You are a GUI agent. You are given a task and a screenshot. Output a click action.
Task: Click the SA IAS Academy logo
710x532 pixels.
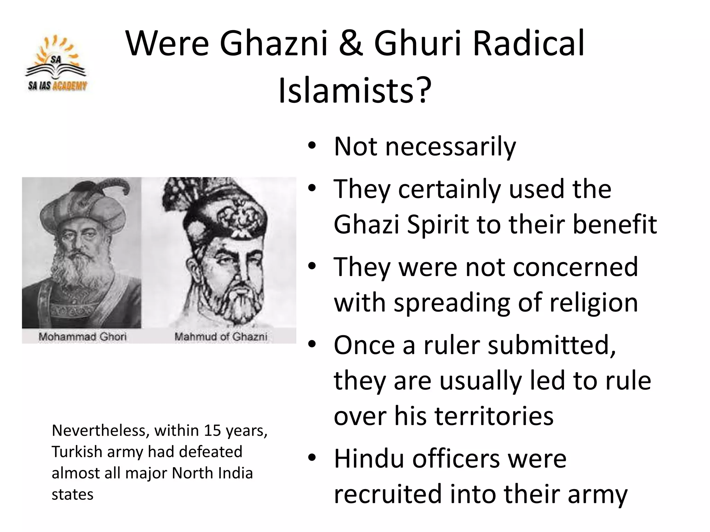click(x=57, y=64)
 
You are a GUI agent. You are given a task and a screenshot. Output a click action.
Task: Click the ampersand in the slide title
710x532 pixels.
click(x=350, y=44)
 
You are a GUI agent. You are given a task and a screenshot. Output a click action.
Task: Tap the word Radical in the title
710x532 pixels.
click(x=528, y=44)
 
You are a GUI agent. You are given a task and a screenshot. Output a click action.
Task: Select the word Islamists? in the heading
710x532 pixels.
click(x=355, y=90)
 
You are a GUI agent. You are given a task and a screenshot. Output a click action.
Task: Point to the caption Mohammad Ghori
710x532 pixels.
click(x=83, y=336)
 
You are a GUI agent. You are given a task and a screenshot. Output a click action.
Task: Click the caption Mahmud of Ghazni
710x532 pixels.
click(x=221, y=336)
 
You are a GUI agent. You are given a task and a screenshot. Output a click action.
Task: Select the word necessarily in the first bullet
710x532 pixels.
click(x=450, y=147)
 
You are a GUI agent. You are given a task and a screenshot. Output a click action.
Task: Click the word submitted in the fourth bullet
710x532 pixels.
click(x=551, y=345)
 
